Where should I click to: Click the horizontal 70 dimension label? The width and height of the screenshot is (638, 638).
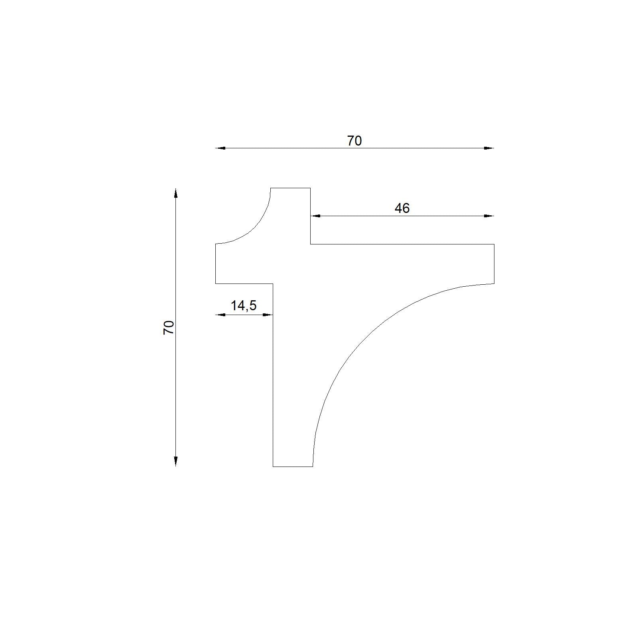[x=354, y=141]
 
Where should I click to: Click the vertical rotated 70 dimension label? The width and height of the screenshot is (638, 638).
[x=169, y=327]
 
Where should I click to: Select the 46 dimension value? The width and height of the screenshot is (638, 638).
[x=402, y=208]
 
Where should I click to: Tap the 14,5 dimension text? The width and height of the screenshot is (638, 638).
[x=244, y=306]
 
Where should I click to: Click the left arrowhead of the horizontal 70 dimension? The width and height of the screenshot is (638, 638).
[x=221, y=148]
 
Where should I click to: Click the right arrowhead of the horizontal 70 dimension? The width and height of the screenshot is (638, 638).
[x=489, y=148]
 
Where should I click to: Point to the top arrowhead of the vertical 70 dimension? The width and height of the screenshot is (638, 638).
[x=176, y=193]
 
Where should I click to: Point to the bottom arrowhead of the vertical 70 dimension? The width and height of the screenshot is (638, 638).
[x=176, y=461]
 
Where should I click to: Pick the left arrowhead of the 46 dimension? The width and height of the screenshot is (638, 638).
[x=315, y=216]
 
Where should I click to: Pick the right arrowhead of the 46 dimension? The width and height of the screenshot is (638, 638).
[x=489, y=216]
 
